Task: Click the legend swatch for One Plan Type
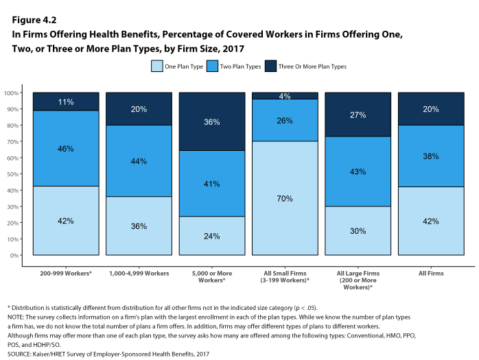tap(156, 67)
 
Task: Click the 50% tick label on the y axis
tap(12, 174)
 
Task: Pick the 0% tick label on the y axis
tap(14, 256)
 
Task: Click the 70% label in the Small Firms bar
tap(285, 199)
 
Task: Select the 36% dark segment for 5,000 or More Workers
tap(211, 122)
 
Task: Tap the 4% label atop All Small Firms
tap(285, 96)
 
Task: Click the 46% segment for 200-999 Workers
tap(66, 148)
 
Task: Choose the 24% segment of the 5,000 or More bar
tap(211, 236)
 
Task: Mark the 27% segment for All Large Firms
tap(357, 115)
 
